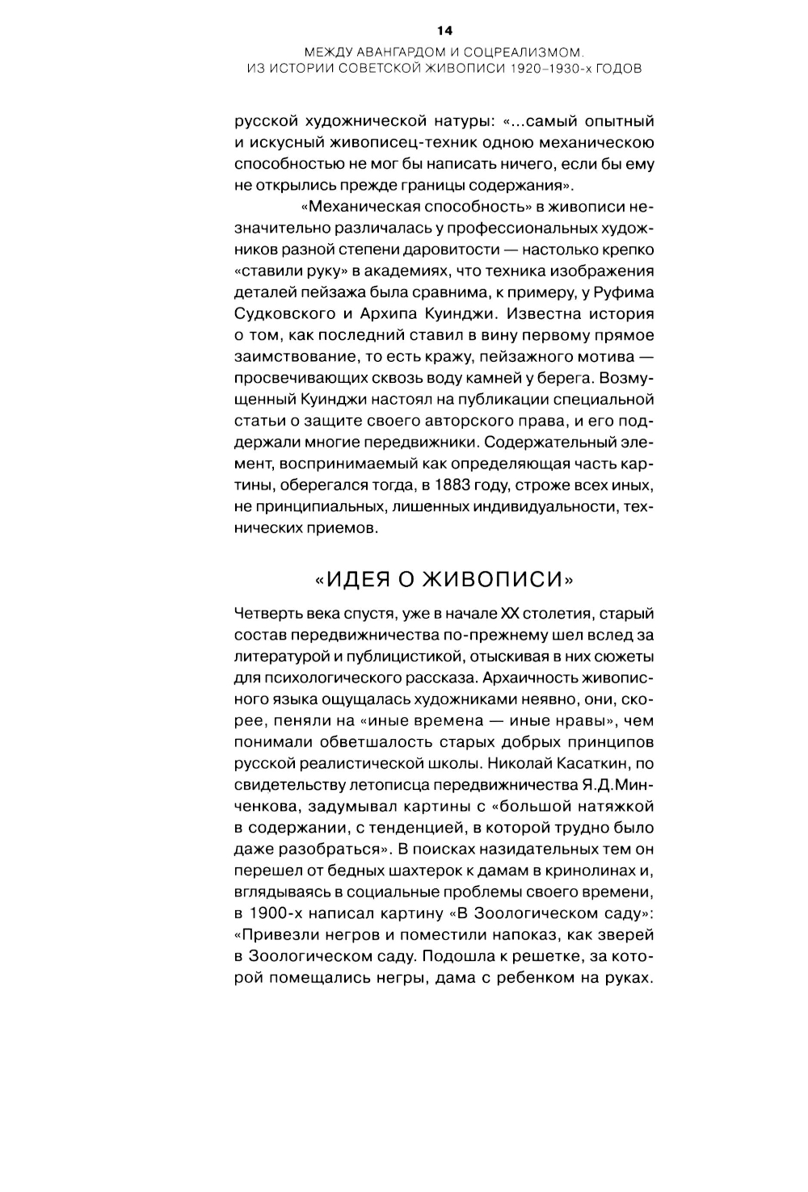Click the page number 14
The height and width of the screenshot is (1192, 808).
click(x=444, y=31)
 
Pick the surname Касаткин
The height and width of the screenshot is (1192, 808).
click(x=597, y=763)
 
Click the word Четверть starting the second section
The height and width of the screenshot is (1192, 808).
click(x=263, y=614)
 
